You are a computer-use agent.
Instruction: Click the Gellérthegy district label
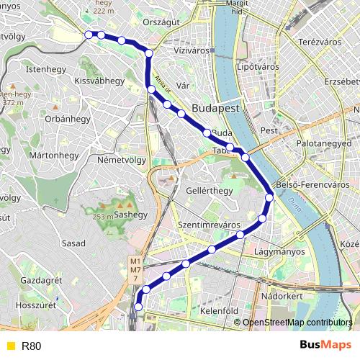[210, 191]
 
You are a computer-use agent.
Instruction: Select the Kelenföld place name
[219, 311]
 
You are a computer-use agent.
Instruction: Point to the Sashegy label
[130, 215]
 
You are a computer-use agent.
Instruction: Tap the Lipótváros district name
[257, 67]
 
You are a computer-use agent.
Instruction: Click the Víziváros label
[191, 53]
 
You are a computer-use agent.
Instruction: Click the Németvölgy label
[121, 160]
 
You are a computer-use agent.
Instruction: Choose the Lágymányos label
[279, 252]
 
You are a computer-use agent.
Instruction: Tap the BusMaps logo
[325, 346]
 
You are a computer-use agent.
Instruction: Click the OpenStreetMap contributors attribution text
[297, 323]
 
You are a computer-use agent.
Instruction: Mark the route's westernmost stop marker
[89, 35]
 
